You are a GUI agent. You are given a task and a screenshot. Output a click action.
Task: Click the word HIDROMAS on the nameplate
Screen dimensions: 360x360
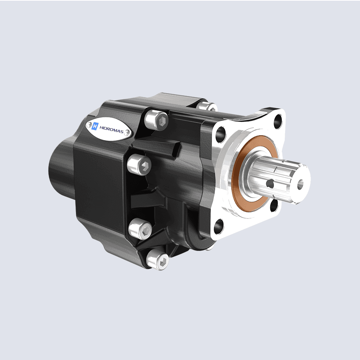(x=111, y=132)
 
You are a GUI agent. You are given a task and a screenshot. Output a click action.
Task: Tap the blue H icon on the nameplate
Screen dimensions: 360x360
(x=95, y=126)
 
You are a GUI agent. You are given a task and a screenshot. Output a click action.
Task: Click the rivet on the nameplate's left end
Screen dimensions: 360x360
(x=88, y=125)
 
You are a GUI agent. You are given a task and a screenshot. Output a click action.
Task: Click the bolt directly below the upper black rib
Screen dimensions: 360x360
(x=140, y=165)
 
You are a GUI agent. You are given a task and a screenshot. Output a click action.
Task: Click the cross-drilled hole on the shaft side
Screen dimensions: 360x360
(x=270, y=184)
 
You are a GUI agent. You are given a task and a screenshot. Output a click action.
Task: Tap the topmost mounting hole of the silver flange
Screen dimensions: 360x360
(x=278, y=122)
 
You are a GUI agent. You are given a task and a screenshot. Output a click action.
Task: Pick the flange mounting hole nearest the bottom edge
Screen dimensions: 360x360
(x=219, y=226)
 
